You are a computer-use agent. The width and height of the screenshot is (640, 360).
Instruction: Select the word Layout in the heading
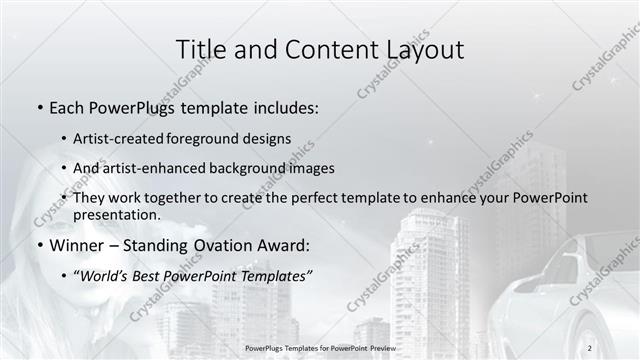click(x=420, y=50)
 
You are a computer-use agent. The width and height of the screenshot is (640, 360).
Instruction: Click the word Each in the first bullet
click(x=68, y=105)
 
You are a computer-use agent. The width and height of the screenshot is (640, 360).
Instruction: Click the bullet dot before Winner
click(x=39, y=245)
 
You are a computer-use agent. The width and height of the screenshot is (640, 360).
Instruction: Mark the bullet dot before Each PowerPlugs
click(x=39, y=106)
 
